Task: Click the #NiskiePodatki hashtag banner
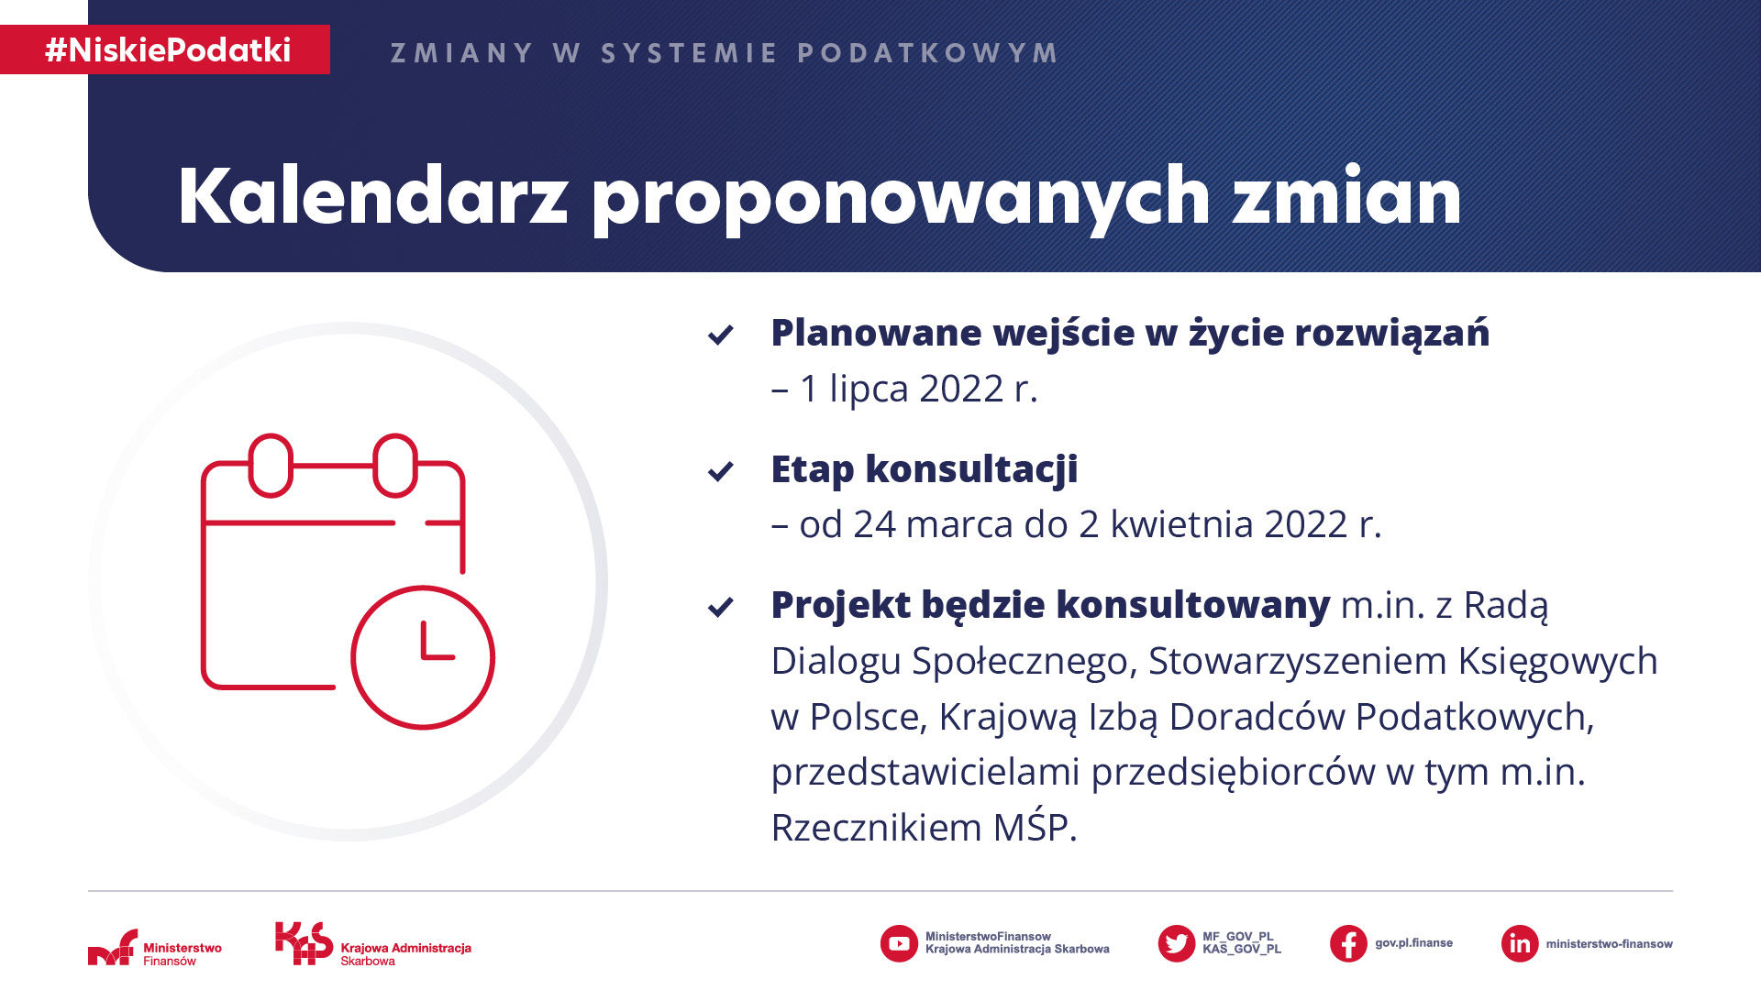[165, 49]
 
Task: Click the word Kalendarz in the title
[373, 196]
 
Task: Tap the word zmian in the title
[1346, 196]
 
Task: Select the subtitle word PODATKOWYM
[927, 53]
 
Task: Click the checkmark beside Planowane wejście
[721, 335]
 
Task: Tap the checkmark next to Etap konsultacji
[721, 471]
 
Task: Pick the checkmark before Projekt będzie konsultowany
[721, 607]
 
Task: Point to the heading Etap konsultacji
[925, 469]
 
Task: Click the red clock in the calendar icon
[423, 657]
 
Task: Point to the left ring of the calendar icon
[271, 466]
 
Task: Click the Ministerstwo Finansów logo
[155, 948]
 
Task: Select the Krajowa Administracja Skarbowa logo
[373, 944]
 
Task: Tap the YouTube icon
[899, 943]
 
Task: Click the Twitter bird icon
[1177, 943]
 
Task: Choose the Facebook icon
[1348, 943]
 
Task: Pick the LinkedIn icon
[1520, 943]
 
